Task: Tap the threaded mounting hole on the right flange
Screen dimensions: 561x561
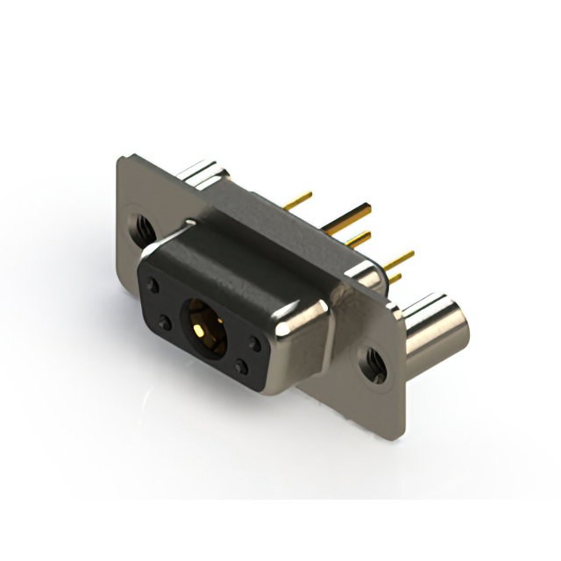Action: click(x=374, y=365)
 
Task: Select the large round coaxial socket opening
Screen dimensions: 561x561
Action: click(x=203, y=329)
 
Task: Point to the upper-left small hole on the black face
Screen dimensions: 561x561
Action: click(x=153, y=286)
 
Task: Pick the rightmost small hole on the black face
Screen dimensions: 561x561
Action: click(x=254, y=343)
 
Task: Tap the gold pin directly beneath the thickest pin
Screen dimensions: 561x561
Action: click(x=358, y=238)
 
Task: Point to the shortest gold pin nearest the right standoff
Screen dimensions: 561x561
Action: click(x=395, y=278)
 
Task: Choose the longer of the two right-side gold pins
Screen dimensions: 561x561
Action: click(x=399, y=259)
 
